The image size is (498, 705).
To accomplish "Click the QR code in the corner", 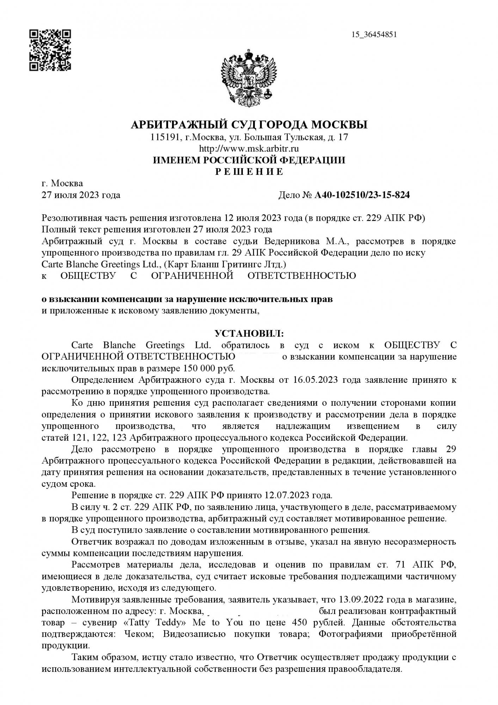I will click(x=50, y=50).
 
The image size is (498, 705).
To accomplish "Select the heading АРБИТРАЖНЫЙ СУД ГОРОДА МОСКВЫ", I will click(x=249, y=124).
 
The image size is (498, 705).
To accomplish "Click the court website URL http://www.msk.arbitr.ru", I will click(x=249, y=148).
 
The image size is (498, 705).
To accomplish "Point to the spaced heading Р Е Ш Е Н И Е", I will click(x=249, y=172).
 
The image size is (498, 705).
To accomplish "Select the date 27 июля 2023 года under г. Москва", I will click(x=81, y=195).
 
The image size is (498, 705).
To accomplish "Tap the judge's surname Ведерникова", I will click(x=289, y=241).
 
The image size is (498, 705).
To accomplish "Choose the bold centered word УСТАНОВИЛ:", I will click(x=249, y=333).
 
